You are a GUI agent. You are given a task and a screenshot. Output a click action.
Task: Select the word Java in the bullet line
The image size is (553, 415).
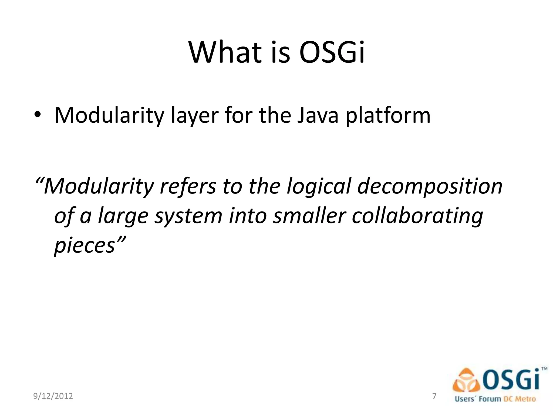[318, 115]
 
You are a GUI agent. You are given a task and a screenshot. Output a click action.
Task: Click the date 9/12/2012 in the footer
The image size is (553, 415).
[53, 396]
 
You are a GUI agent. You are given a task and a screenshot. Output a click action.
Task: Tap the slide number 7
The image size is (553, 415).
[434, 396]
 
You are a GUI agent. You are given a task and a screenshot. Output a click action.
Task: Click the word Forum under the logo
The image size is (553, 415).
[490, 399]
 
